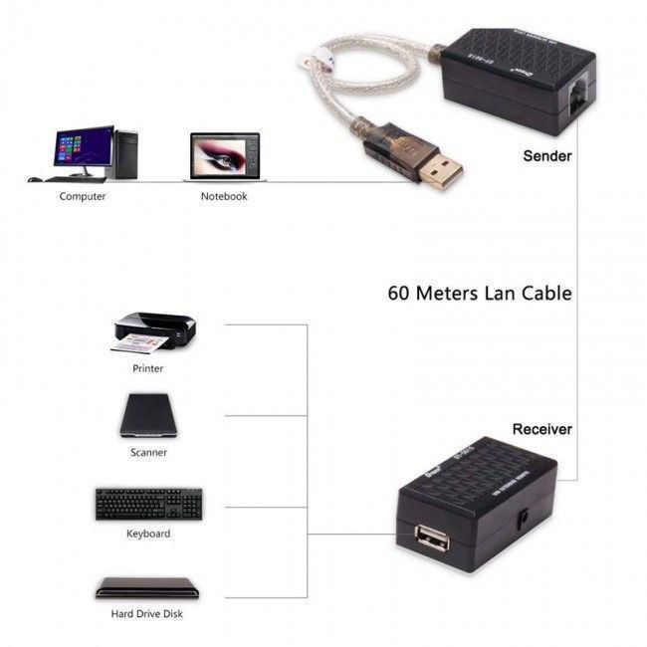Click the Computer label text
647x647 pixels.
[83, 197]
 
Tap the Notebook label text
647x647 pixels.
[224, 197]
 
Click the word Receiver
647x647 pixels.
[541, 429]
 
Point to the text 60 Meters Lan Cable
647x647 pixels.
[479, 294]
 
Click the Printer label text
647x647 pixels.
[147, 368]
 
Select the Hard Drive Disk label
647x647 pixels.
[147, 614]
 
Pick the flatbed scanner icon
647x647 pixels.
[150, 416]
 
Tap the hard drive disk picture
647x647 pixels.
[147, 587]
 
